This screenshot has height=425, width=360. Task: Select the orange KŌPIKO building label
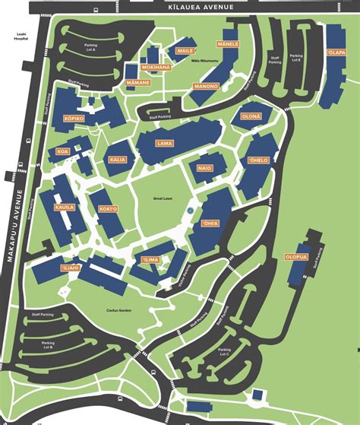pos(74,119)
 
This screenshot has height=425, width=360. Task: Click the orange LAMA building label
pos(164,144)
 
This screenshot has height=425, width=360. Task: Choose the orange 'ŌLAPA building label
pos(336,52)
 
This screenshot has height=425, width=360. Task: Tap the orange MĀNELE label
pos(229,44)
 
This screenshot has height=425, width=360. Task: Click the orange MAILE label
pos(185,50)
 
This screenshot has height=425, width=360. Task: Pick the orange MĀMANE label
pos(138,81)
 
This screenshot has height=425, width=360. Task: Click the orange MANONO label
pos(206,86)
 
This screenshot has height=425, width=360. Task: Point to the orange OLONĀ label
pos(251,116)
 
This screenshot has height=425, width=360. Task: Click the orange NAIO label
pos(204,167)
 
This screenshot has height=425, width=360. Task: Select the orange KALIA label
pos(118,160)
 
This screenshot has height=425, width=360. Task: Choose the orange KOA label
pos(62,151)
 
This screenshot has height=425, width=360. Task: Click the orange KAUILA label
pos(64,206)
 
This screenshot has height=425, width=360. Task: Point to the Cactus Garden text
pos(120,310)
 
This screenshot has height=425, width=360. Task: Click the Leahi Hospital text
pos(21,39)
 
